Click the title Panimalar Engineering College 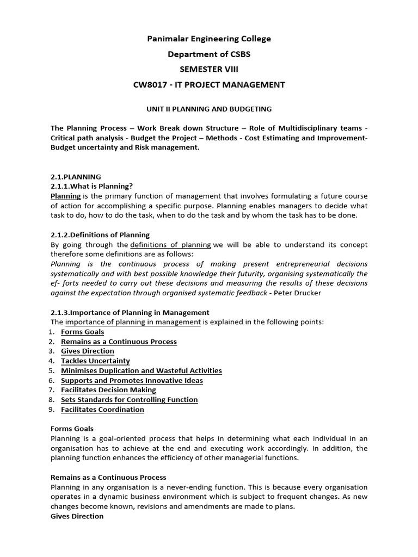coord(209,39)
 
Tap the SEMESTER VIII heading coord(209,69)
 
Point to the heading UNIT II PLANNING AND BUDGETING coord(209,109)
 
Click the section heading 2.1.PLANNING coord(76,177)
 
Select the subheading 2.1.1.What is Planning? coord(91,187)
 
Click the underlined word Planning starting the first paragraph coord(65,196)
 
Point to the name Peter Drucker coord(302,293)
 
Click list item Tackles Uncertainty coord(95,361)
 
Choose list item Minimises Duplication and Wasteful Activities coord(141,371)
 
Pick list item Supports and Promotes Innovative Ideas coord(132,381)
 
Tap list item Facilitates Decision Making coord(108,390)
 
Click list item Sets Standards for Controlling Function coord(129,400)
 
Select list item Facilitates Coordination coord(102,410)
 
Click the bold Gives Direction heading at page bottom coord(77,516)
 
